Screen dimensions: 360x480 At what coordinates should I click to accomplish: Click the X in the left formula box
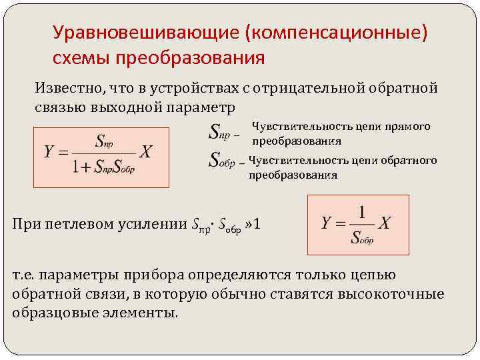point(146,152)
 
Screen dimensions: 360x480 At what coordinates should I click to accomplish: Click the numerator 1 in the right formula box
point(362,213)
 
